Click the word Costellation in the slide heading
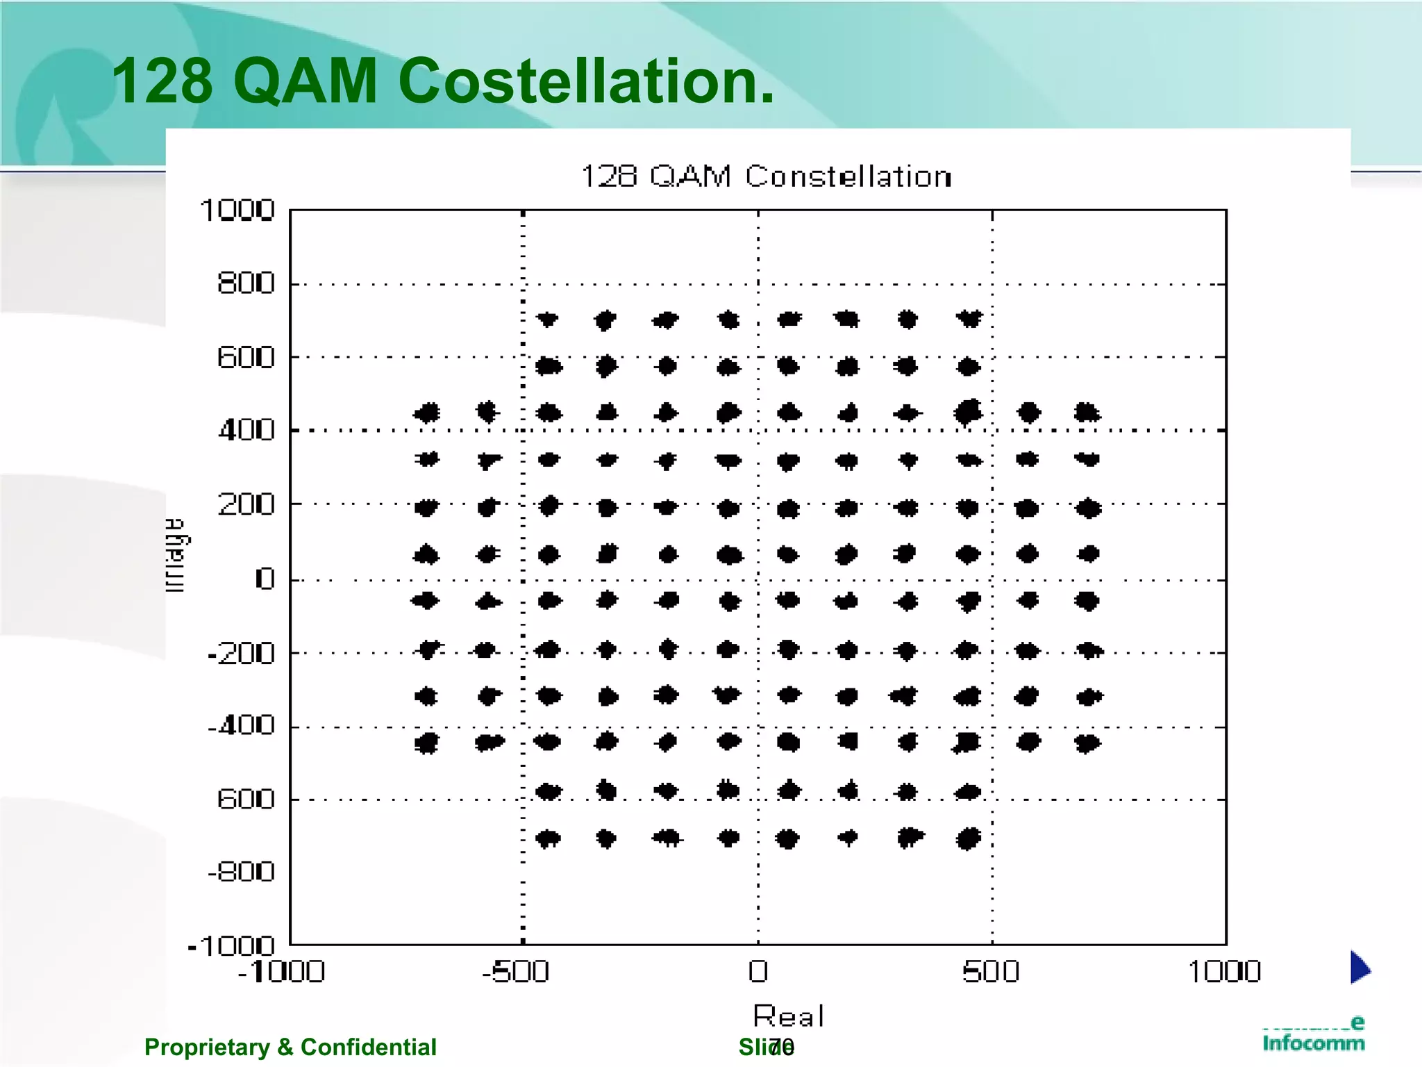[585, 82]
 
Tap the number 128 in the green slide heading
[162, 82]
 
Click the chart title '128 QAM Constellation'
[765, 176]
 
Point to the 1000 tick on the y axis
[237, 210]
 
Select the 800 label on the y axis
[246, 283]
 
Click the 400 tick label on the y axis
[246, 431]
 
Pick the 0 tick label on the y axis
[265, 579]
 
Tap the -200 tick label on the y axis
[241, 653]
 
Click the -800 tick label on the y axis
[241, 872]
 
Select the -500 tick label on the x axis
[516, 971]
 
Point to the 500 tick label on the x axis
[991, 971]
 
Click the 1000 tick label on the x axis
[1224, 971]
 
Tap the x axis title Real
[788, 1016]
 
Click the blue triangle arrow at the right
[1360, 968]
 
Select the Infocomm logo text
[1313, 1042]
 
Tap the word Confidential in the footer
[368, 1047]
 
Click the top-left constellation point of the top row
[548, 320]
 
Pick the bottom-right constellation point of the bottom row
[968, 838]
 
